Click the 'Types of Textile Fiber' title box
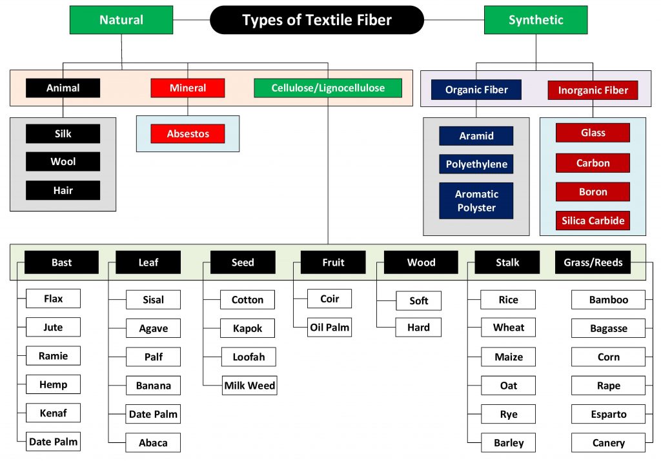[316, 20]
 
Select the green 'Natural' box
[121, 20]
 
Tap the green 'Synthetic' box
[535, 20]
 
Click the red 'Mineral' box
[188, 88]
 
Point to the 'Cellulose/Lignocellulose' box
[328, 88]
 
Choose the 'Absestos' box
[188, 134]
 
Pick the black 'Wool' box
[63, 162]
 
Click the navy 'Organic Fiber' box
[476, 90]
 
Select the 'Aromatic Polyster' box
[476, 201]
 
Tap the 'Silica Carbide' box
[593, 221]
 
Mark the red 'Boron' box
[593, 191]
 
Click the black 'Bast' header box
[62, 262]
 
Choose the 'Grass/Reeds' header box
[593, 262]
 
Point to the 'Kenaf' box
[53, 413]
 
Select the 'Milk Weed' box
[250, 386]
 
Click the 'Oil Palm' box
[329, 328]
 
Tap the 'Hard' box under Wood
[418, 328]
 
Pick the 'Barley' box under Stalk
[509, 443]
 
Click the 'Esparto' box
[608, 414]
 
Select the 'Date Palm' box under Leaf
[153, 414]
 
